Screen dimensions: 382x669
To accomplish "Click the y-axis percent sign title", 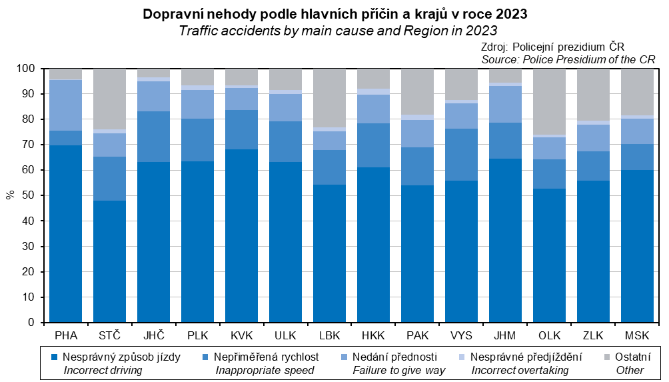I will pyautogui.click(x=10, y=195).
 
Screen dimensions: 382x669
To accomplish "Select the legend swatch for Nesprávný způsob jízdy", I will pyautogui.click(x=55, y=357).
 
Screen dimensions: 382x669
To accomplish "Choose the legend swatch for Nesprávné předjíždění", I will pyautogui.click(x=464, y=357).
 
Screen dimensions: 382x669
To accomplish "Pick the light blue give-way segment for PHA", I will pyautogui.click(x=65, y=105).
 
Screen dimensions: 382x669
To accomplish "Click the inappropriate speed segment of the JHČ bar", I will pyautogui.click(x=153, y=137).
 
